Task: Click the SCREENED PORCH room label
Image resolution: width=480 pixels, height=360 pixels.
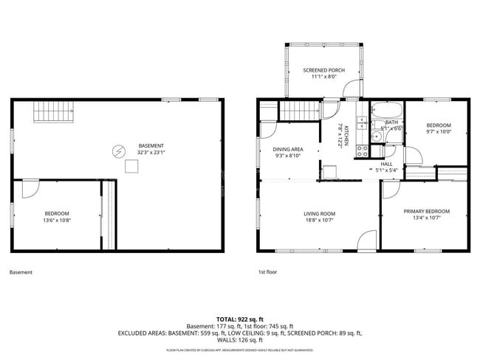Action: tap(324, 70)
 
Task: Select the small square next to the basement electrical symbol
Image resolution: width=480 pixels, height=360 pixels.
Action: tap(131, 167)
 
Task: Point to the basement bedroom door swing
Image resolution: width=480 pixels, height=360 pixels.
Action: tap(32, 189)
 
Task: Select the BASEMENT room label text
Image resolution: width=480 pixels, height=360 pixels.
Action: tap(151, 145)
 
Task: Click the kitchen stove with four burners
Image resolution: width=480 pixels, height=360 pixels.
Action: tap(363, 150)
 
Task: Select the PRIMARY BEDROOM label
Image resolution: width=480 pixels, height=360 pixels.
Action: tap(426, 211)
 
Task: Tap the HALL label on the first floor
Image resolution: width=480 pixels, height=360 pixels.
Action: tap(387, 164)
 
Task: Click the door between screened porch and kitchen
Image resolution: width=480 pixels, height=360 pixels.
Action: tap(352, 91)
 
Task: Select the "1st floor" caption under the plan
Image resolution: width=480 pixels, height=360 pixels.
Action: tap(267, 272)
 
